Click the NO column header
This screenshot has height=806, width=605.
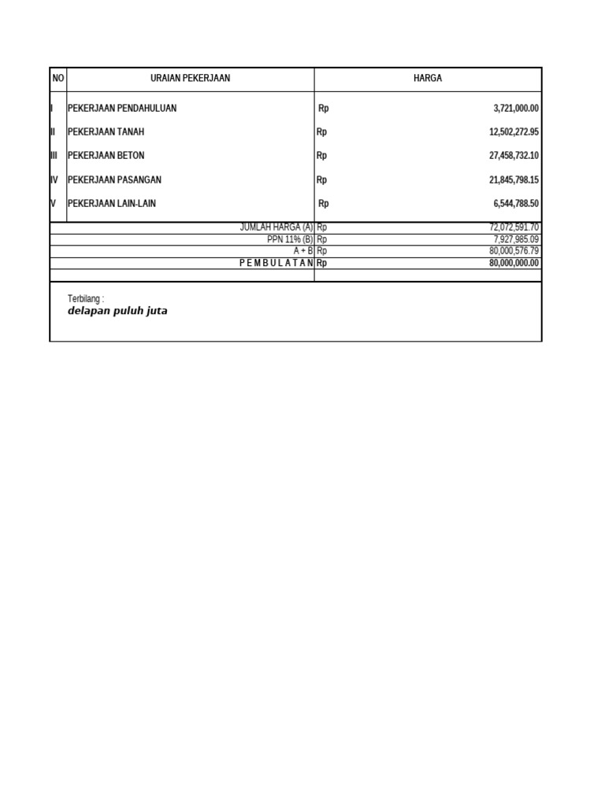pyautogui.click(x=58, y=79)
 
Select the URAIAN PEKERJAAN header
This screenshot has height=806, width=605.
pyautogui.click(x=190, y=79)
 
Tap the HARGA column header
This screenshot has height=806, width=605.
pyautogui.click(x=428, y=79)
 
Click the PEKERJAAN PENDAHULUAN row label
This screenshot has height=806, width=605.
pyautogui.click(x=122, y=109)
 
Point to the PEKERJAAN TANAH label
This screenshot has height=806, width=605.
pyautogui.click(x=106, y=132)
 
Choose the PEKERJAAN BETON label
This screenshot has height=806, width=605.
pyautogui.click(x=106, y=156)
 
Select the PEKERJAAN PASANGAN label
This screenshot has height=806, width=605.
pyautogui.click(x=114, y=180)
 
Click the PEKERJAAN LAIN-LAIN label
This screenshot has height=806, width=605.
pyautogui.click(x=112, y=204)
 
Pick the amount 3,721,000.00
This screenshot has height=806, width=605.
pyautogui.click(x=516, y=109)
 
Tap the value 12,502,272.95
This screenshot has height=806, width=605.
pyautogui.click(x=514, y=132)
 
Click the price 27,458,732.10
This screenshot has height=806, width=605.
pyautogui.click(x=514, y=156)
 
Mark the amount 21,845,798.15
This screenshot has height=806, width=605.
pyautogui.click(x=514, y=180)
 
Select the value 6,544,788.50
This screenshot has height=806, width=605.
pyautogui.click(x=516, y=204)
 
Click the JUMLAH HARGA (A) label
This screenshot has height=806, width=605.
pyautogui.click(x=277, y=227)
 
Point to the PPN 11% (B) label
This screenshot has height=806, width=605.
pyautogui.click(x=290, y=239)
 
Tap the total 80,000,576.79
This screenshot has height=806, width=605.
pyautogui.click(x=514, y=251)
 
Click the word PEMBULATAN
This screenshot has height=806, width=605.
pyautogui.click(x=276, y=263)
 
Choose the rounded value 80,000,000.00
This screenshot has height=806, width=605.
pyautogui.click(x=514, y=263)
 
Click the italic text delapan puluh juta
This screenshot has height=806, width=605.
pyautogui.click(x=117, y=311)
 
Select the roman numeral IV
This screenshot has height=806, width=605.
pyautogui.click(x=54, y=180)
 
